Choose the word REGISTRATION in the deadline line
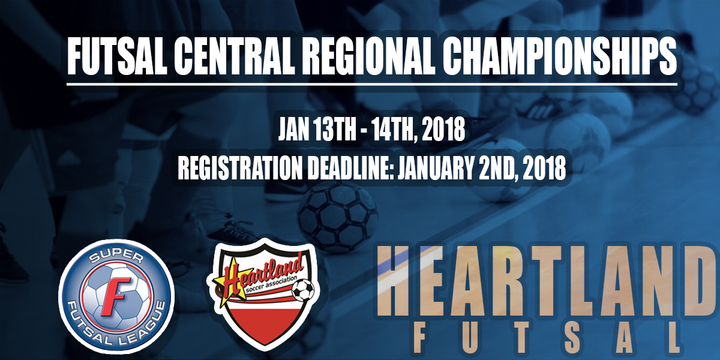click(239, 167)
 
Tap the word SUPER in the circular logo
click(116, 258)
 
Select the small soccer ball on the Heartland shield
click(303, 290)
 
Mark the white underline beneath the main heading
click(372, 84)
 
